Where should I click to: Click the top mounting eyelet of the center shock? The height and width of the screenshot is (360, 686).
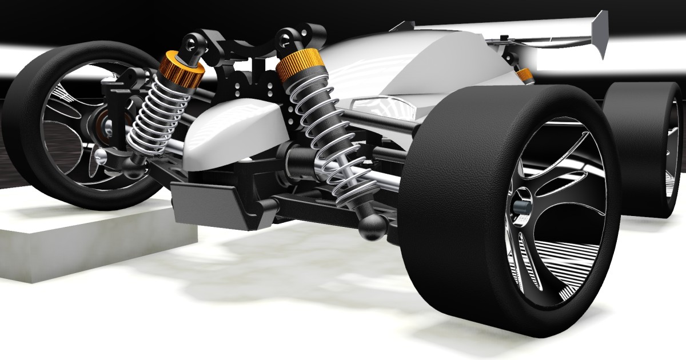click(284, 38)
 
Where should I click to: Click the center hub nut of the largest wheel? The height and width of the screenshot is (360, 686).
click(521, 207)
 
